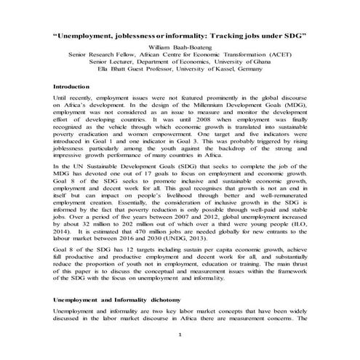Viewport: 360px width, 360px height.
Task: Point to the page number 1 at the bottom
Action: tap(180, 340)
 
